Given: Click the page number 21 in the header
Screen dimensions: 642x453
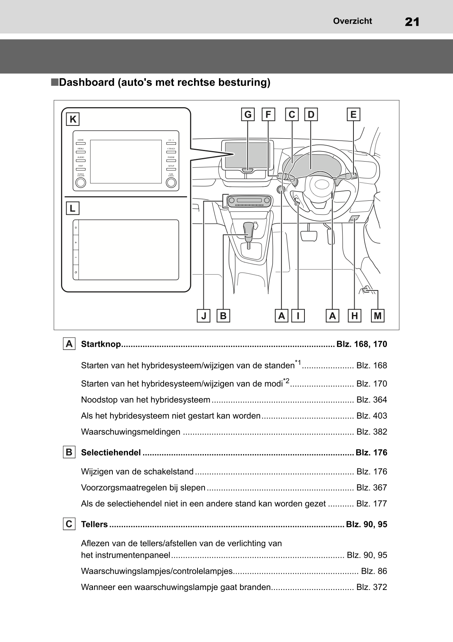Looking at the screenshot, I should pos(412,22).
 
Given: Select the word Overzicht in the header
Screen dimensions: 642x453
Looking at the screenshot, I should pos(352,21).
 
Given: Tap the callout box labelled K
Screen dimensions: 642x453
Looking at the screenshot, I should pos(73,119).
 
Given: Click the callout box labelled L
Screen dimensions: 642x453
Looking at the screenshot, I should pos(73,209).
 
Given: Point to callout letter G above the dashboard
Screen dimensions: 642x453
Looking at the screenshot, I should pos(248,115).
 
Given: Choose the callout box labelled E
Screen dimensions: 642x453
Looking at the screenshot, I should pos(353,115).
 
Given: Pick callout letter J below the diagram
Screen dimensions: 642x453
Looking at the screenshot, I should pos(203,316).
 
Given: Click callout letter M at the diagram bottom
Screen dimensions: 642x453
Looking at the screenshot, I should pos(378,316).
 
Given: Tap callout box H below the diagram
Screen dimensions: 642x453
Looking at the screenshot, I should pos(354,316).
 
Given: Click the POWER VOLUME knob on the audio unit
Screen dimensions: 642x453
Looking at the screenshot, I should pos(80,182).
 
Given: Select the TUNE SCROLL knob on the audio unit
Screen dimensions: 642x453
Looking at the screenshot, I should pos(171,182).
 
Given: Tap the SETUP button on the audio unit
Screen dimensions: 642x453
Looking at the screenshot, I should pos(171,169).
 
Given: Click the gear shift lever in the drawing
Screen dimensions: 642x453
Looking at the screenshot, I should pos(248,229).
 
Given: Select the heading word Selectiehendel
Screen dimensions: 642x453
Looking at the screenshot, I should pos(111,452).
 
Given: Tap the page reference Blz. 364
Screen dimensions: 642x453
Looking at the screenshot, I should pos(371,400).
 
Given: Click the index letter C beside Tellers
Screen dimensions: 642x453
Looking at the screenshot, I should pos(69,524).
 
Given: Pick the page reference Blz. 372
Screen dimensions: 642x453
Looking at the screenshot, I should pos(371,587).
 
